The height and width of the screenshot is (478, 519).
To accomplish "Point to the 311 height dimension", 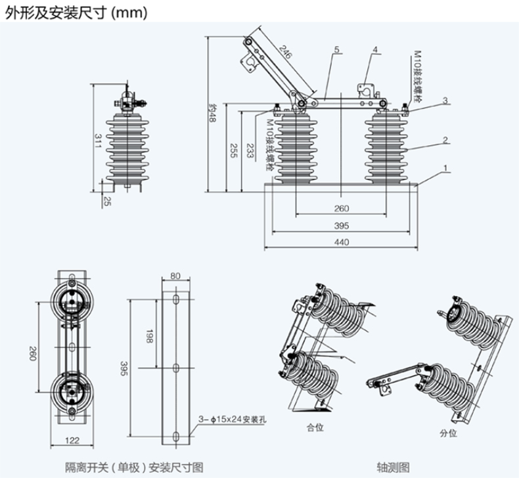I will click(x=97, y=141).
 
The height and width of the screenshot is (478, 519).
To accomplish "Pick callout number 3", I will click(x=445, y=100).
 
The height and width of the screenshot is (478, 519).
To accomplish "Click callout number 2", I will click(x=445, y=139).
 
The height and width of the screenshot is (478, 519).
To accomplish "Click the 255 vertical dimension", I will click(x=233, y=151).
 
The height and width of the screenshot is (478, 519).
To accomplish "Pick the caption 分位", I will click(x=448, y=433).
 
